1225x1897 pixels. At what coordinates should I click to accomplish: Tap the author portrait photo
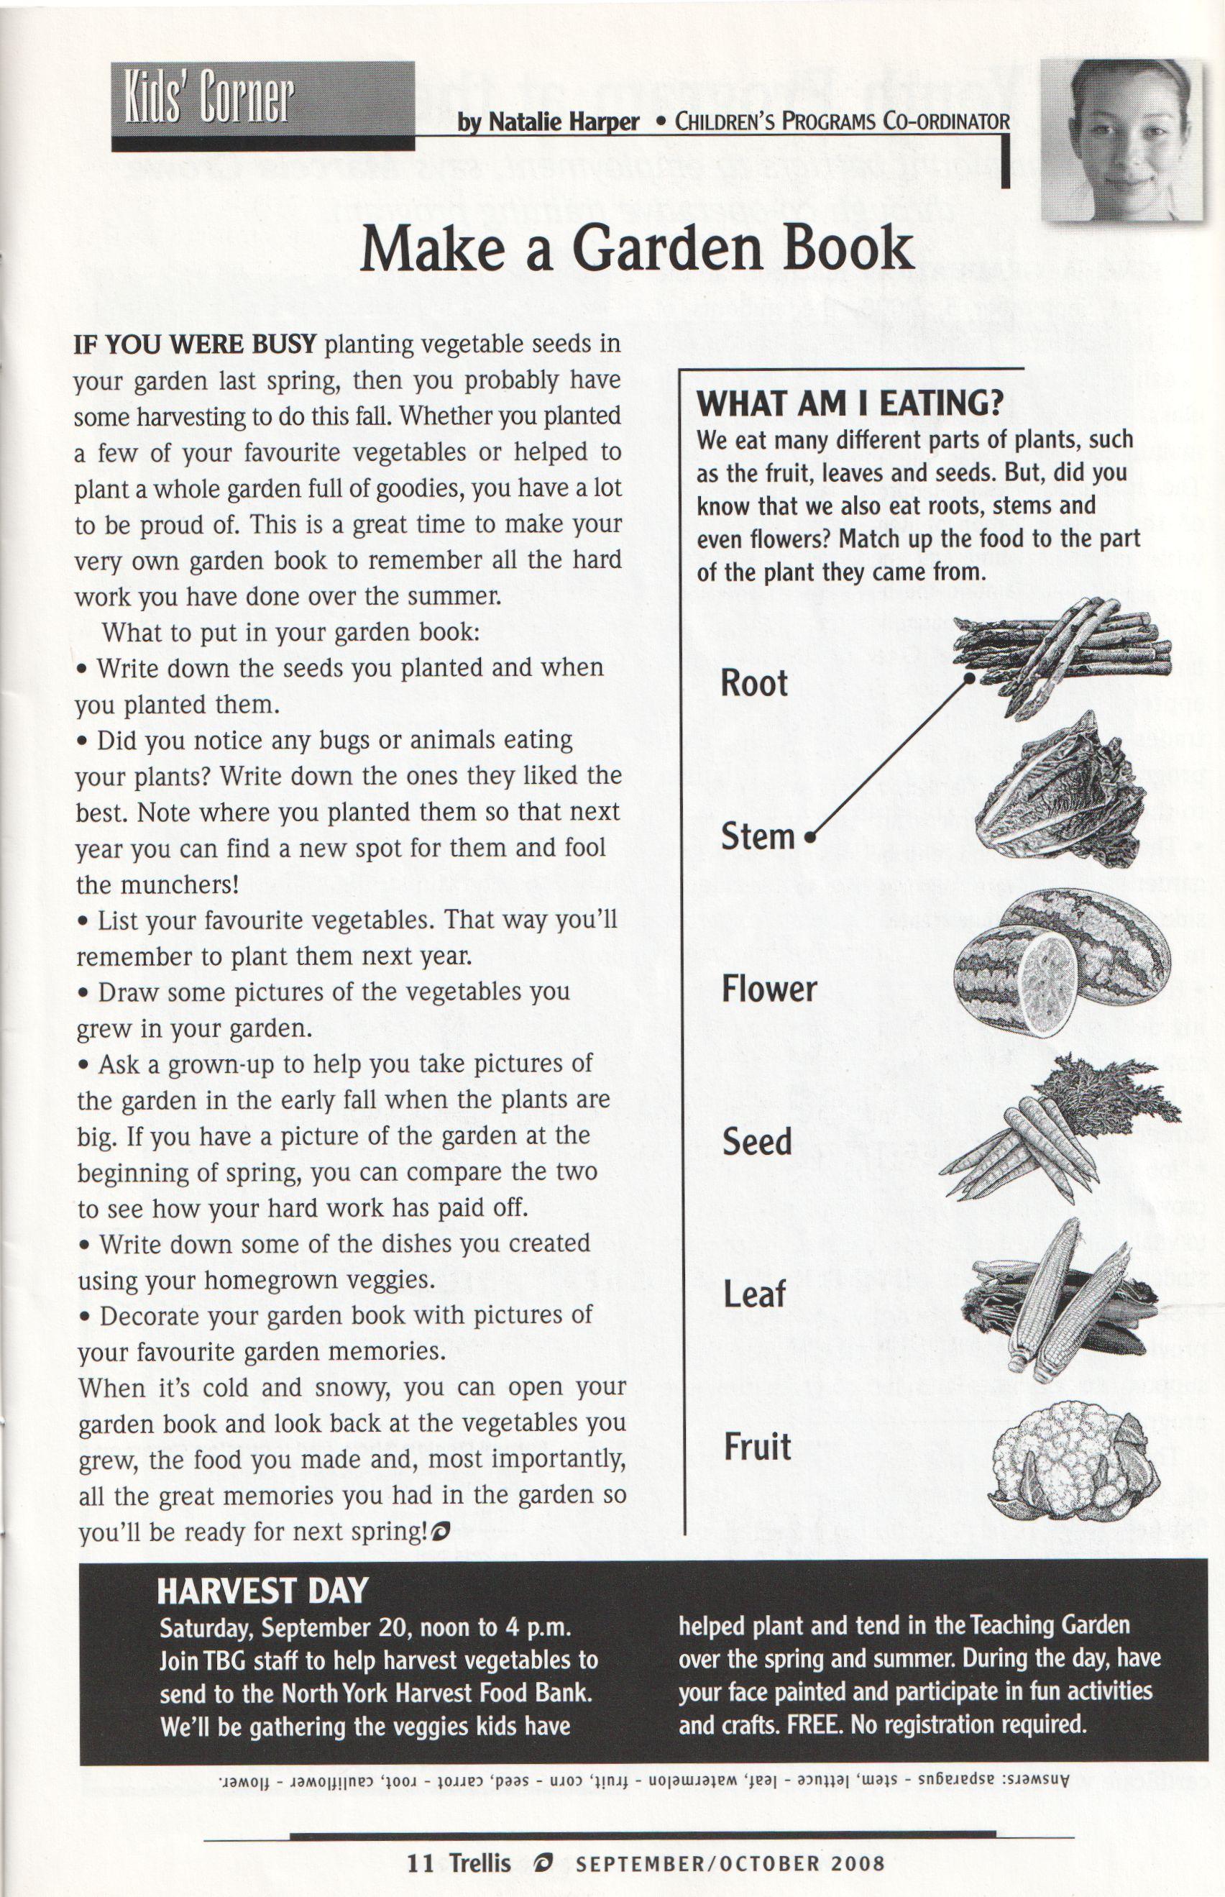tap(1121, 141)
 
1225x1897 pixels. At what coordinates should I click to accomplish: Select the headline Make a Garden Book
tap(636, 248)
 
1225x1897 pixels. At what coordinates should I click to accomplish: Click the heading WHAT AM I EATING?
tap(850, 403)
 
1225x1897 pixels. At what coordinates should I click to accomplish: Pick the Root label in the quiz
tap(753, 682)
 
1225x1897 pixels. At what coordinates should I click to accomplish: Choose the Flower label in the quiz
tap(769, 989)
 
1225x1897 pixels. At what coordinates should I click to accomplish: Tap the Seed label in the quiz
tap(756, 1142)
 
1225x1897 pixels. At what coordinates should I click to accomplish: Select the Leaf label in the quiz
tap(754, 1294)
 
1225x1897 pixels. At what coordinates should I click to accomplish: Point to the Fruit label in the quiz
tap(756, 1447)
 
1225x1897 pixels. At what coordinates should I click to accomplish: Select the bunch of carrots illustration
tap(1058, 1130)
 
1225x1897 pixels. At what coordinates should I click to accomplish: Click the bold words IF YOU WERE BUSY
tap(195, 344)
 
